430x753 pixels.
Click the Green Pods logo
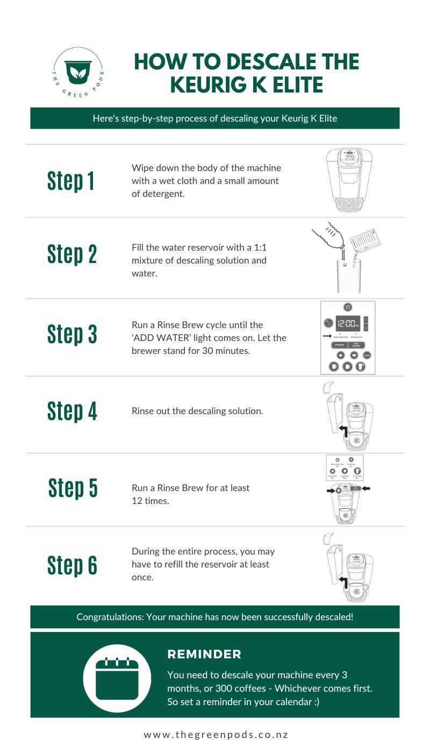[x=78, y=73]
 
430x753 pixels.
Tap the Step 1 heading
[x=71, y=181]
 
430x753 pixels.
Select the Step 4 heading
[x=72, y=411]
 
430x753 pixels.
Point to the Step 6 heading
[x=72, y=565]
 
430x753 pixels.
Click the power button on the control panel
[x=348, y=307]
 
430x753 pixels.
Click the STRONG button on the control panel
[x=339, y=345]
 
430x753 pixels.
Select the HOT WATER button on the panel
[x=356, y=345]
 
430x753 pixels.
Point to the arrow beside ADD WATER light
[x=326, y=335]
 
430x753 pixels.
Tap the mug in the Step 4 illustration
[x=355, y=438]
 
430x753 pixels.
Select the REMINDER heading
[x=204, y=655]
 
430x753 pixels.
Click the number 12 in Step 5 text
[x=137, y=500]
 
